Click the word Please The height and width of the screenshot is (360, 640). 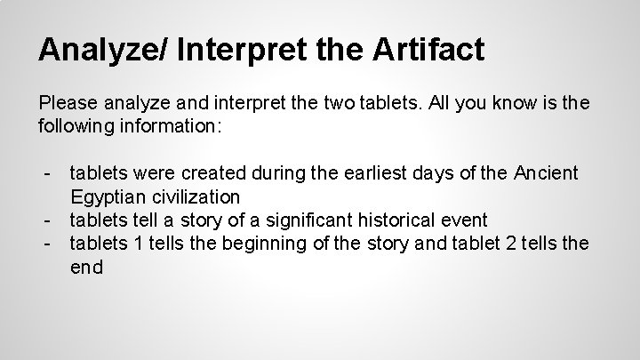tap(68, 104)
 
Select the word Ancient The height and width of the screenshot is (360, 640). tap(544, 171)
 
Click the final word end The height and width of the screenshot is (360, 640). tap(87, 267)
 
